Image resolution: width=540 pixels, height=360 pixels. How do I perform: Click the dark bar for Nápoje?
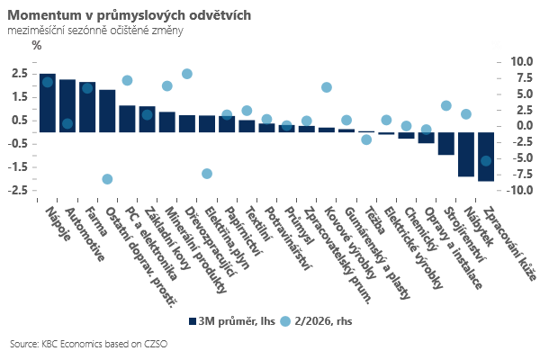[48, 103]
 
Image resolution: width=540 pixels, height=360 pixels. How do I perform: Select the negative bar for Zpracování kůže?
[486, 157]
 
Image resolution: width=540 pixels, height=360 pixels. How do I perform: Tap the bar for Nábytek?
[466, 154]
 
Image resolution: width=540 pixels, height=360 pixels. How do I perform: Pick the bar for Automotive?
[67, 105]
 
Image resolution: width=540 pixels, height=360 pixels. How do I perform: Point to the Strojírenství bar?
[446, 143]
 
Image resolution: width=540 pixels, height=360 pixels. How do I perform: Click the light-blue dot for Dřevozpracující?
[187, 74]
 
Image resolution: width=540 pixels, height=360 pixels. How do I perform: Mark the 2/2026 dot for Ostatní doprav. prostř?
[107, 179]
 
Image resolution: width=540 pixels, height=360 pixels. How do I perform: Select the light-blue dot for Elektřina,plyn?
[207, 174]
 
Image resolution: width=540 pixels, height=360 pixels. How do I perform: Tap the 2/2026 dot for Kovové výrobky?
[327, 87]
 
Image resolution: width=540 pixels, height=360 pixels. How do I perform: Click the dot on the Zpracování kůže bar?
[486, 160]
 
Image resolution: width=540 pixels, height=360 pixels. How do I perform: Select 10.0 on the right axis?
[522, 61]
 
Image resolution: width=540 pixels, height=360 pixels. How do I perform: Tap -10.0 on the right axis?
[521, 190]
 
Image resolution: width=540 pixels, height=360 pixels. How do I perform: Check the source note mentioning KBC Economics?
[89, 344]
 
